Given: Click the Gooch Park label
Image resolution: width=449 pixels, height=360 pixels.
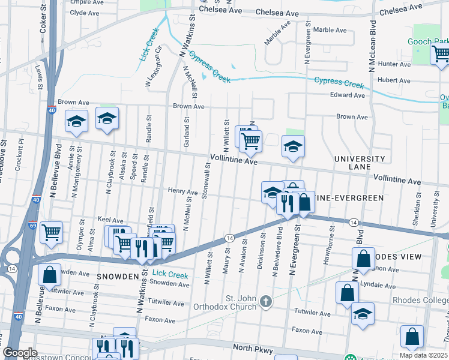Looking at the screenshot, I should [427, 41].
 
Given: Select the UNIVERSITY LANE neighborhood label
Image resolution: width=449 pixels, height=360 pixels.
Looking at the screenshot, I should [360, 163].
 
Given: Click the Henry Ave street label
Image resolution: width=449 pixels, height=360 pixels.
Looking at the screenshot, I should [182, 192].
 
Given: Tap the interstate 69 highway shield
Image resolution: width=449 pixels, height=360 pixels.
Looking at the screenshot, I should [31, 226].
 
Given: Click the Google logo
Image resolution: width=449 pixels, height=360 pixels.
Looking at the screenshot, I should [20, 353].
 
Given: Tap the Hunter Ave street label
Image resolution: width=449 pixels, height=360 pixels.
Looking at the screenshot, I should [394, 64].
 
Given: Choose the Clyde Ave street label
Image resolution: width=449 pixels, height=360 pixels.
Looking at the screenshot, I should [85, 13].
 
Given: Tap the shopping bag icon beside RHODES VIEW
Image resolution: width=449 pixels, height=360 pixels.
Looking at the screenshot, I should [364, 259].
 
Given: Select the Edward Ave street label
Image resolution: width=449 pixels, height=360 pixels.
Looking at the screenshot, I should [347, 95].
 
